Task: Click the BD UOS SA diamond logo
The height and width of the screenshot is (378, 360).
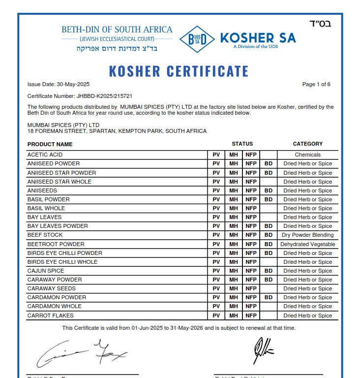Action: (x=197, y=39)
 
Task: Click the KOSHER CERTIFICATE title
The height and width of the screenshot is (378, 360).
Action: (x=179, y=71)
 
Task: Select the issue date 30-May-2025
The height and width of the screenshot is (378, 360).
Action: (x=59, y=84)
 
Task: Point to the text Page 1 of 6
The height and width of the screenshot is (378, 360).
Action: (x=316, y=84)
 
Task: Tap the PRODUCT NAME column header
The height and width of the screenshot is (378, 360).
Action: (x=50, y=144)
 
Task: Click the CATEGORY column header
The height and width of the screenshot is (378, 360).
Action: (x=307, y=144)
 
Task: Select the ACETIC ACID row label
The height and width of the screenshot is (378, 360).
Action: (x=45, y=155)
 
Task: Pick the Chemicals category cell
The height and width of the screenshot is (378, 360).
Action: (x=307, y=155)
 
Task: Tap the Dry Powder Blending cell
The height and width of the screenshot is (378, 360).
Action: (x=307, y=235)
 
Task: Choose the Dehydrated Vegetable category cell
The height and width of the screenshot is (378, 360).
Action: (x=307, y=244)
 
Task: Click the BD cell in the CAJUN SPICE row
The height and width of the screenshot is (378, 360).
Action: (x=268, y=271)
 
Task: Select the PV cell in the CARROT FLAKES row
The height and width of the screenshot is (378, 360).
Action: (x=216, y=315)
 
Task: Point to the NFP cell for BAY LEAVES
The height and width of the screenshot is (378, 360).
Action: (x=251, y=217)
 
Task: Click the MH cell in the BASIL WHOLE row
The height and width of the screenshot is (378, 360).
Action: (x=233, y=208)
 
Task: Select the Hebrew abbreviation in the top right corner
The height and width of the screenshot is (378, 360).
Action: (x=320, y=24)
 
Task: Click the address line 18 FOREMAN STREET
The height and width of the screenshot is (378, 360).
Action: (x=117, y=131)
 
